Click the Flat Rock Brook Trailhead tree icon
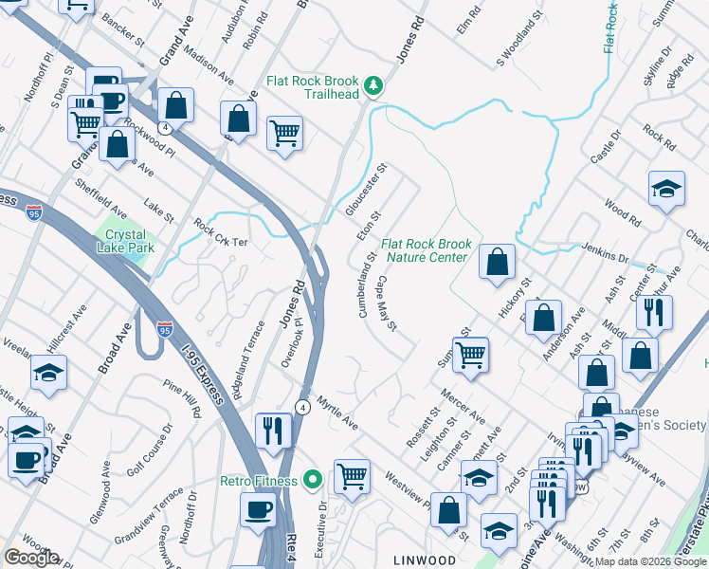pos(374,87)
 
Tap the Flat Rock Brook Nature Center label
pos(426,250)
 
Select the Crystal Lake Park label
pos(125,241)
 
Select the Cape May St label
pos(387,303)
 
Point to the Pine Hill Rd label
pos(182,399)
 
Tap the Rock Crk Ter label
pos(220,234)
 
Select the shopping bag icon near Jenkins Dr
pos(497,262)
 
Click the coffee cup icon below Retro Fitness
pos(258,510)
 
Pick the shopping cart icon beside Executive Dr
pos(351,475)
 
